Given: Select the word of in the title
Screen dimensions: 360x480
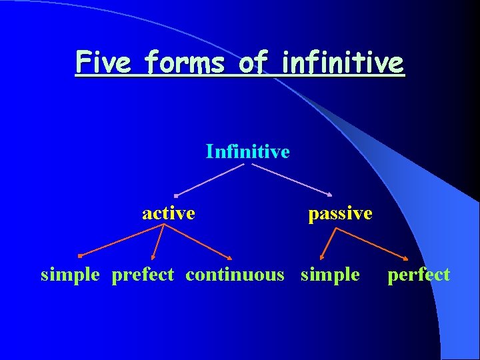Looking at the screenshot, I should pyautogui.click(x=254, y=63).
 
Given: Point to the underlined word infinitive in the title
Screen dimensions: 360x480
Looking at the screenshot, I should pyautogui.click(x=343, y=63).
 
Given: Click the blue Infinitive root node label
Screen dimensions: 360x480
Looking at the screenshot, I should pyautogui.click(x=247, y=152).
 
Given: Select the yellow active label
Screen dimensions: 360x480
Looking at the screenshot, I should pyautogui.click(x=169, y=213).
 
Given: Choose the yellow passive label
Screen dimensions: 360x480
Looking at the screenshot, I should pyautogui.click(x=340, y=214).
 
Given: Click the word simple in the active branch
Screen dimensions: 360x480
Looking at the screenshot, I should pyautogui.click(x=70, y=275).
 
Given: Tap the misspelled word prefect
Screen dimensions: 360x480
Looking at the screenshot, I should pyautogui.click(x=143, y=275).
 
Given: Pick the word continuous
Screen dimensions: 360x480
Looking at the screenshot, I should pyautogui.click(x=235, y=275).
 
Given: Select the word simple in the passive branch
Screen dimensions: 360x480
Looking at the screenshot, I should pyautogui.click(x=330, y=275).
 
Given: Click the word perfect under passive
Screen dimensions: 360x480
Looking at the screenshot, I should pyautogui.click(x=419, y=275).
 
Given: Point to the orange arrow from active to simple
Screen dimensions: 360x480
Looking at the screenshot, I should pyautogui.click(x=120, y=241).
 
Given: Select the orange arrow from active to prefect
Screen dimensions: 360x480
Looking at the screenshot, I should pyautogui.click(x=159, y=241).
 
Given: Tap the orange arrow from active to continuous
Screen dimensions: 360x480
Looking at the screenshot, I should pyautogui.click(x=198, y=241).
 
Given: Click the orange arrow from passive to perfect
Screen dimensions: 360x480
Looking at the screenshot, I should pyautogui.click(x=371, y=243).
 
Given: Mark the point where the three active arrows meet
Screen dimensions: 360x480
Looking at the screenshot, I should pyautogui.click(x=164, y=225).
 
